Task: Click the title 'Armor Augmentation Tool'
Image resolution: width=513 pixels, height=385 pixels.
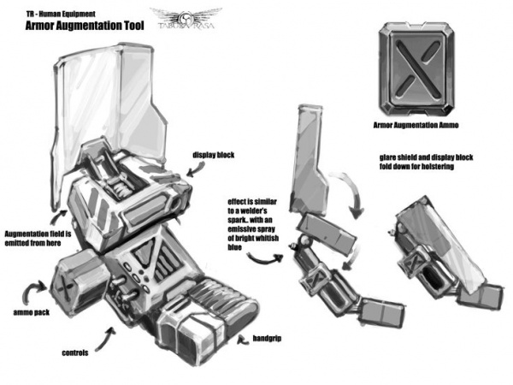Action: pyautogui.click(x=85, y=26)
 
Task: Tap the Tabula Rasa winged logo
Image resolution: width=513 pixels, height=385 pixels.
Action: pyautogui.click(x=186, y=18)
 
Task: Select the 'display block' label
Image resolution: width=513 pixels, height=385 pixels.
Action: pyautogui.click(x=213, y=155)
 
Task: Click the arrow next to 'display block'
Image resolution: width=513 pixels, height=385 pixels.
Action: pyautogui.click(x=197, y=169)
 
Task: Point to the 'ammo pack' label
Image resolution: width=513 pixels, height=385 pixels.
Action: pyautogui.click(x=32, y=312)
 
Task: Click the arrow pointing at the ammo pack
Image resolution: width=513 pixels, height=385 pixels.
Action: pyautogui.click(x=32, y=288)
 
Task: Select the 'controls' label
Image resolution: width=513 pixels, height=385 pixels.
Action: pyautogui.click(x=75, y=352)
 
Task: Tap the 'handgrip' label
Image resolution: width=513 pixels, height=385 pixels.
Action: pyautogui.click(x=267, y=339)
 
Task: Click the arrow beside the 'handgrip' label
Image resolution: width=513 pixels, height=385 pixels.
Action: pyautogui.click(x=243, y=341)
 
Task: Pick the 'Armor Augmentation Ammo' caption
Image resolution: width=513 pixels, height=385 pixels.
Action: pyautogui.click(x=416, y=125)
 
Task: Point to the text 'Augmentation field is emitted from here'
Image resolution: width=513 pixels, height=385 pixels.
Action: pyautogui.click(x=38, y=239)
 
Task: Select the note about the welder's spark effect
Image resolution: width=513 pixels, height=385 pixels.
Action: pyautogui.click(x=253, y=224)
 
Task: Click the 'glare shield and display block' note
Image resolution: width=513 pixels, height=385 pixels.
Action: pyautogui.click(x=426, y=162)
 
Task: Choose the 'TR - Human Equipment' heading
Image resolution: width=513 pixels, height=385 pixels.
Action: pyautogui.click(x=61, y=14)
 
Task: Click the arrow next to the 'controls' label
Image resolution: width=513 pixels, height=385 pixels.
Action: pyautogui.click(x=105, y=339)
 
